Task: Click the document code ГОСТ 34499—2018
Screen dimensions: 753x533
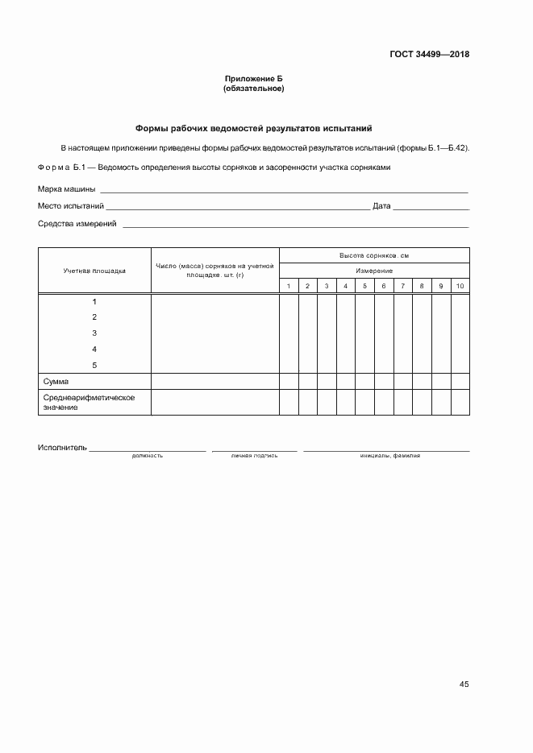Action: tap(430, 55)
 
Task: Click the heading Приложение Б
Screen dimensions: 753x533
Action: tap(253, 78)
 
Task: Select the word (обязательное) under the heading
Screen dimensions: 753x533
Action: tap(253, 88)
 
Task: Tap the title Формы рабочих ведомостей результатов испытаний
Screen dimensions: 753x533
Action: tap(253, 128)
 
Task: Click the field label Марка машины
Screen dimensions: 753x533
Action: tap(67, 189)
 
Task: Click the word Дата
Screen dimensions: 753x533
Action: tap(381, 206)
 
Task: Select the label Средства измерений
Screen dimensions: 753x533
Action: tap(77, 223)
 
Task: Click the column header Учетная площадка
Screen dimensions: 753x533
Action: tap(94, 271)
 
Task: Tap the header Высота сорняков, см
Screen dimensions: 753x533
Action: tap(374, 255)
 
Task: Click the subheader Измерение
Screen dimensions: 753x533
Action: tap(374, 271)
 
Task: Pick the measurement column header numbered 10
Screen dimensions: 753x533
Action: tap(460, 286)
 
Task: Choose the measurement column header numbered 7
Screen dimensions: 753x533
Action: tap(402, 286)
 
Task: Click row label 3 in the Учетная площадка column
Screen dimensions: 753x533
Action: tap(94, 333)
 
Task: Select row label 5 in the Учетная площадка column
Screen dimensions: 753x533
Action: tap(94, 365)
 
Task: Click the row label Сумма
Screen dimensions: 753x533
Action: tap(56, 381)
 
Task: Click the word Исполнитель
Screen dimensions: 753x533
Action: tap(61, 447)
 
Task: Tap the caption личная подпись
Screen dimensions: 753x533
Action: tap(254, 456)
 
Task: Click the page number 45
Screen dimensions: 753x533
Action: tap(464, 684)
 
